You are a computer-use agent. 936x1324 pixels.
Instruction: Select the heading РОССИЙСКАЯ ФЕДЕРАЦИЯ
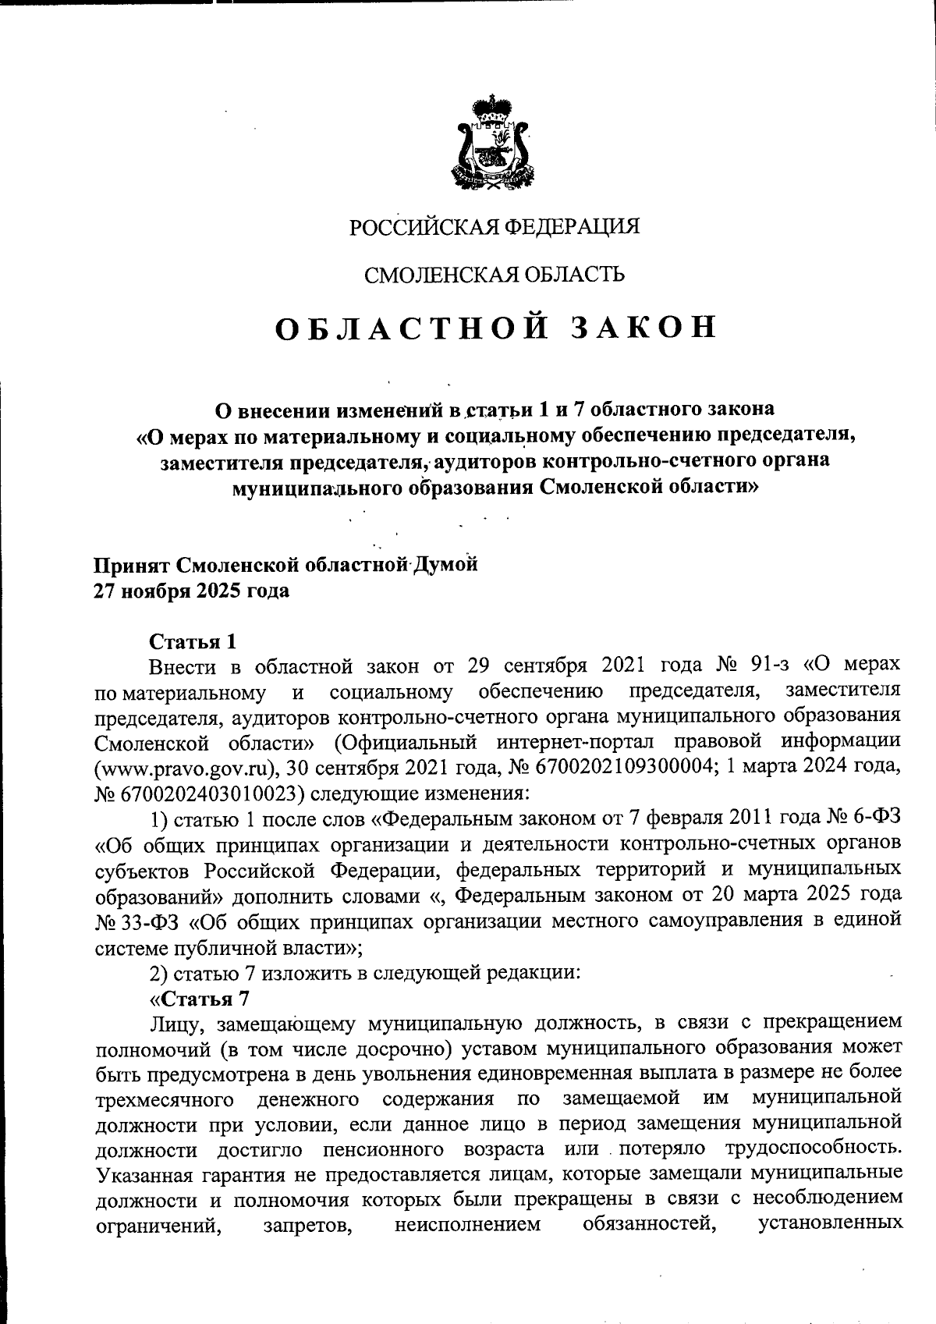[x=494, y=227]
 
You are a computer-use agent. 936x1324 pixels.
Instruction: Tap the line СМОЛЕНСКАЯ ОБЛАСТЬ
[x=495, y=274]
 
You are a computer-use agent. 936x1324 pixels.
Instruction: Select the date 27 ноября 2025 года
[x=191, y=591]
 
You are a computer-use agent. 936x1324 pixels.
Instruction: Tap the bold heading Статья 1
[x=192, y=641]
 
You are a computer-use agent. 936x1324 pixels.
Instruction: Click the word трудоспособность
[x=813, y=1149]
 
